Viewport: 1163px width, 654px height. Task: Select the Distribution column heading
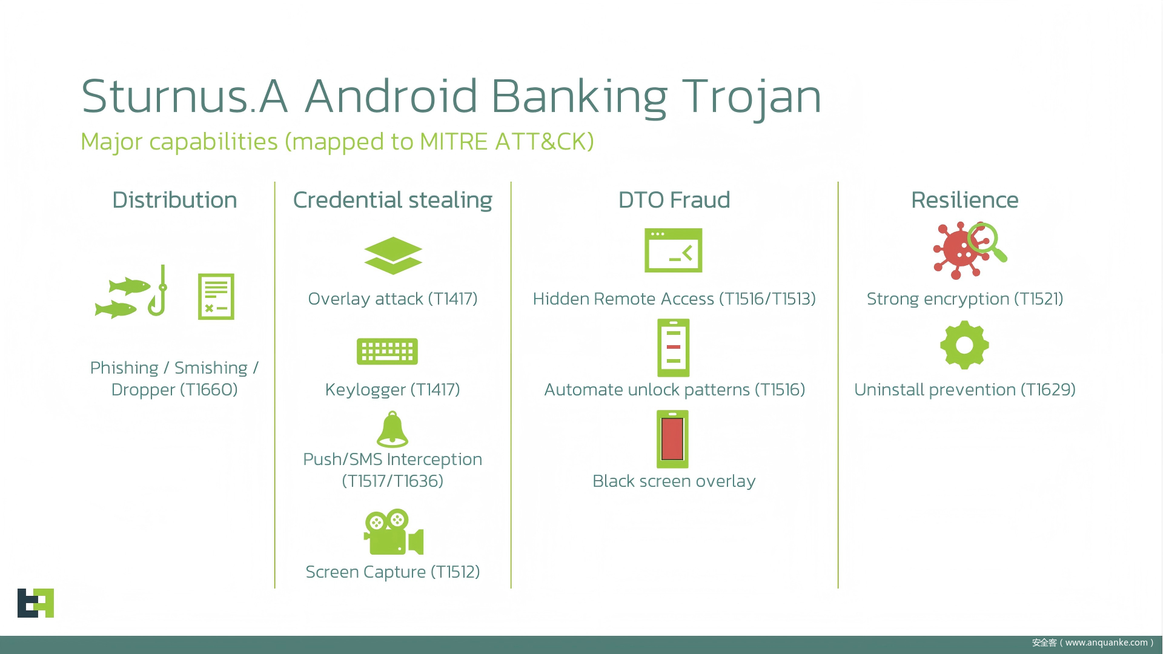[x=174, y=200]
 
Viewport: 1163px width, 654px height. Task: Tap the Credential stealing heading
[x=393, y=200]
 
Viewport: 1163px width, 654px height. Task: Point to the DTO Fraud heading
[x=674, y=200]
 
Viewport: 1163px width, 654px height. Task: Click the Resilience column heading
[x=964, y=200]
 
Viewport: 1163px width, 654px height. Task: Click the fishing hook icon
[x=159, y=291]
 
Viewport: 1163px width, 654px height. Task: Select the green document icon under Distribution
[x=216, y=297]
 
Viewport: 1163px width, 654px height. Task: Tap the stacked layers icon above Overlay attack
[x=393, y=256]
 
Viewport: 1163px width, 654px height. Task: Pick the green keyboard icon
[x=388, y=351]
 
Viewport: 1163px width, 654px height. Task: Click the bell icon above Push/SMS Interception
[x=393, y=429]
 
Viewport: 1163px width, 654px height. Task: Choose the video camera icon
[x=394, y=532]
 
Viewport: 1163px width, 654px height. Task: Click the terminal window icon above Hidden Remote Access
[x=674, y=250]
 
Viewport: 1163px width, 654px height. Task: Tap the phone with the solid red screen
[x=672, y=439]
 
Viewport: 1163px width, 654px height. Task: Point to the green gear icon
[x=964, y=345]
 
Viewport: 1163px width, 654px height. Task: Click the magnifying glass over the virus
[x=986, y=241]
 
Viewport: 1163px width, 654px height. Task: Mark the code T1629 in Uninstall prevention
[x=1048, y=389]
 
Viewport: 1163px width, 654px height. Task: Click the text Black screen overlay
[x=674, y=481]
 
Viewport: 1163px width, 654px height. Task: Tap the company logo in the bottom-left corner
[x=36, y=603]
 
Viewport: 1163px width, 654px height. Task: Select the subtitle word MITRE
[x=454, y=142]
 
